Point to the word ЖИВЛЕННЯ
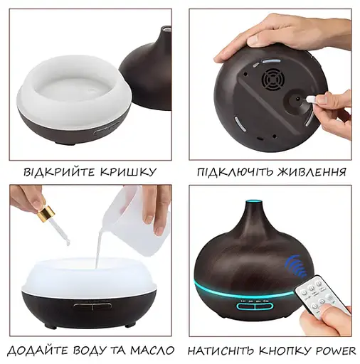point(313,173)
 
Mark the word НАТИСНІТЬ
point(222,351)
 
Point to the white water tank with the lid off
point(70,85)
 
